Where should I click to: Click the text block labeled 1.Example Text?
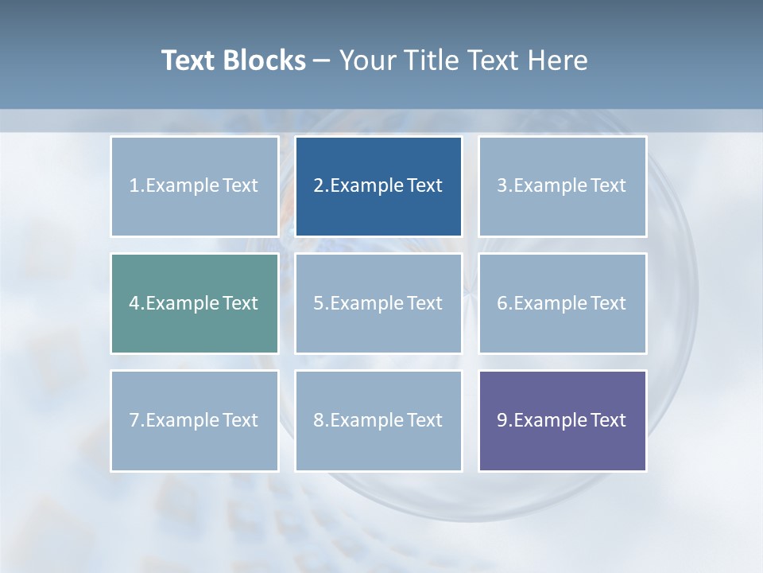(195, 186)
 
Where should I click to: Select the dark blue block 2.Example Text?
(378, 186)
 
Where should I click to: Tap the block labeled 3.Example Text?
(562, 186)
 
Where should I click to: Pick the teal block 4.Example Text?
(195, 303)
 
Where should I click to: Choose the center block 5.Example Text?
(378, 303)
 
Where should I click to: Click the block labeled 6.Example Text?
(562, 303)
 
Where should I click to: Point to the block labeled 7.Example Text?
(195, 420)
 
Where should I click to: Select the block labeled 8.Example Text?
(378, 420)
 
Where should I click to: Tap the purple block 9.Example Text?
(562, 420)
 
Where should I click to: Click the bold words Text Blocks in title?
(234, 60)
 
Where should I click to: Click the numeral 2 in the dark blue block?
(319, 186)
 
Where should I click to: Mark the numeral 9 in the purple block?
(502, 420)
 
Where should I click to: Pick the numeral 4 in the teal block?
(134, 303)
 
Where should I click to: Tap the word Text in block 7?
(240, 420)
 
